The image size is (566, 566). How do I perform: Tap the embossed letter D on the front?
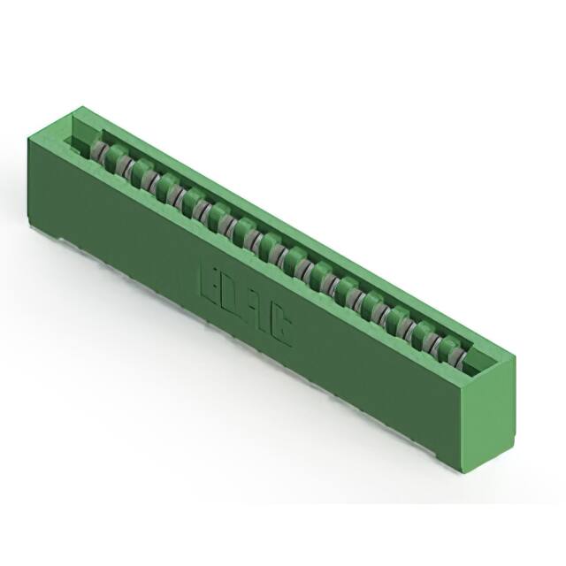pos(237,297)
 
